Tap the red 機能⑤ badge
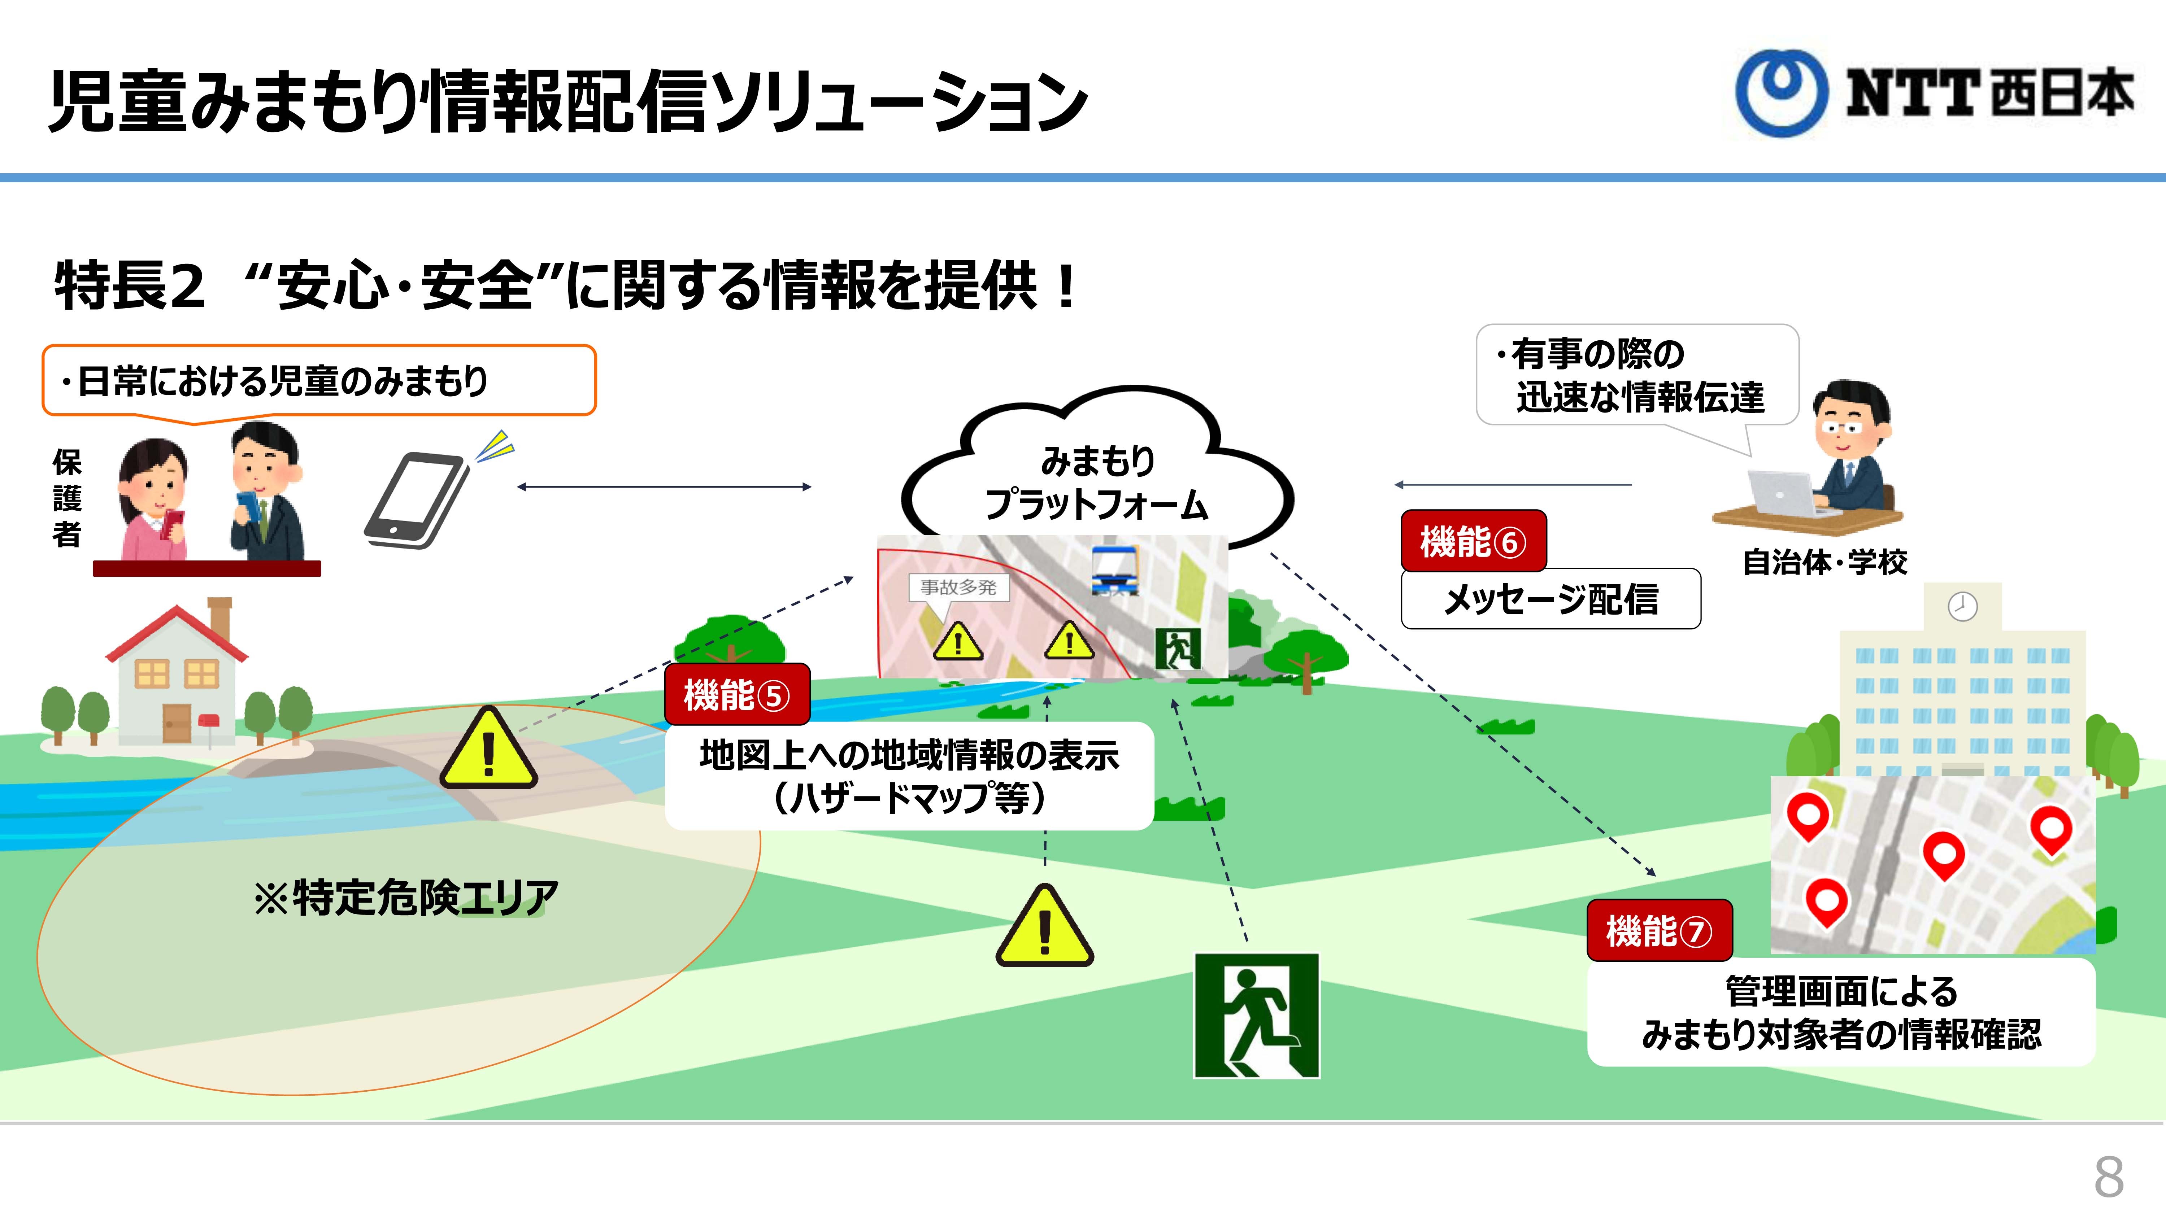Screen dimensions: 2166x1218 [736, 694]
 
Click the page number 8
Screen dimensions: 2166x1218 [2109, 1177]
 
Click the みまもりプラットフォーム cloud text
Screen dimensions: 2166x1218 [1096, 483]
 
